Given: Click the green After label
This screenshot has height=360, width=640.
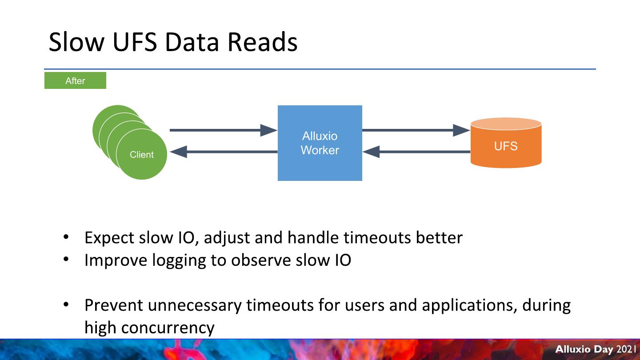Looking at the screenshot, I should click(75, 80).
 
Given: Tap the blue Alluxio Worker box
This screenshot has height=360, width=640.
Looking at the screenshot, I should click(320, 143).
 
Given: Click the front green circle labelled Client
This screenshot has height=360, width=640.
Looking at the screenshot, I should click(141, 155).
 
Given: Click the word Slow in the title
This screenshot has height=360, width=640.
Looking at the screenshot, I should click(76, 42).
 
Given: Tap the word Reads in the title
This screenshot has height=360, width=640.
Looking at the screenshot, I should click(262, 42).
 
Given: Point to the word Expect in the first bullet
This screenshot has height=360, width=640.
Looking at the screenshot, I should click(109, 238).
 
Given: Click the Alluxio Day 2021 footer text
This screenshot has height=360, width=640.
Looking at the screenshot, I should click(596, 349).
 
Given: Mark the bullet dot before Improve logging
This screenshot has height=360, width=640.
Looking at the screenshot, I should click(66, 259).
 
